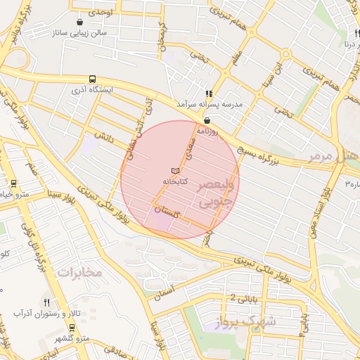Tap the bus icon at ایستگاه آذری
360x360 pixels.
[x=93, y=79]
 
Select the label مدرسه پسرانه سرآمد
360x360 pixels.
[x=213, y=104]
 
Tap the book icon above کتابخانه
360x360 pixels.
[x=175, y=171]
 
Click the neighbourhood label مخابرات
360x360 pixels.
[x=79, y=271]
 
